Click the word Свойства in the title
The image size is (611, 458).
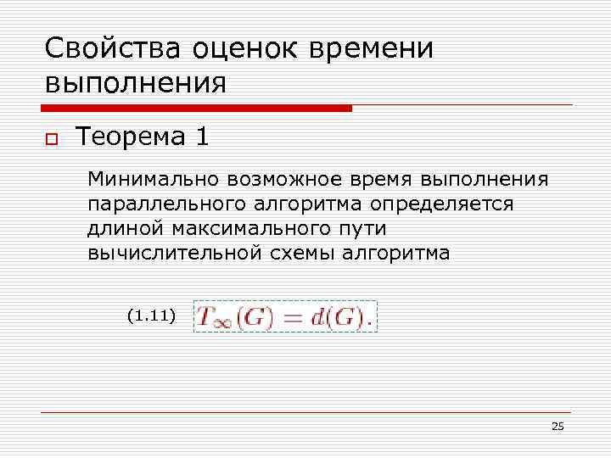100,48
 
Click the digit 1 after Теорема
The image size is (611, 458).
202,136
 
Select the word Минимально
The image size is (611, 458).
152,181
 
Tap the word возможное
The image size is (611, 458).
279,181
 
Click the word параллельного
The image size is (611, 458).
161,205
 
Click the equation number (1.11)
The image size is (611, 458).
150,316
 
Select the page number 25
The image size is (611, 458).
557,427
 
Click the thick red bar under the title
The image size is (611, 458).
195,108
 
